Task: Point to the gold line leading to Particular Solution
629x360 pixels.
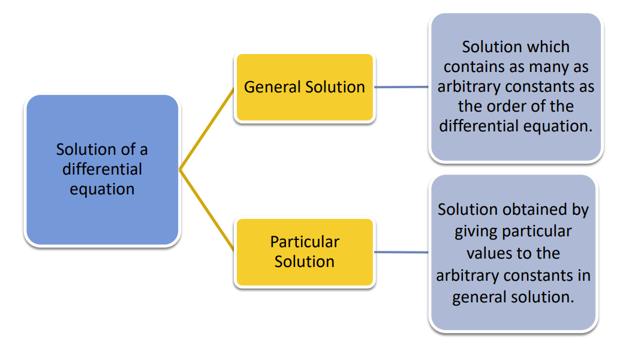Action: (x=207, y=210)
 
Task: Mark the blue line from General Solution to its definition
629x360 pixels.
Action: (x=402, y=87)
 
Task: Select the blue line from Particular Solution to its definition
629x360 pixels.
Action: (x=402, y=252)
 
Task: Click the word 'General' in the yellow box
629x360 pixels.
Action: (x=272, y=87)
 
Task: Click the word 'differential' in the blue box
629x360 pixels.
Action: (x=102, y=169)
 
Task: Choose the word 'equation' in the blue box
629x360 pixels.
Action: (x=102, y=189)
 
